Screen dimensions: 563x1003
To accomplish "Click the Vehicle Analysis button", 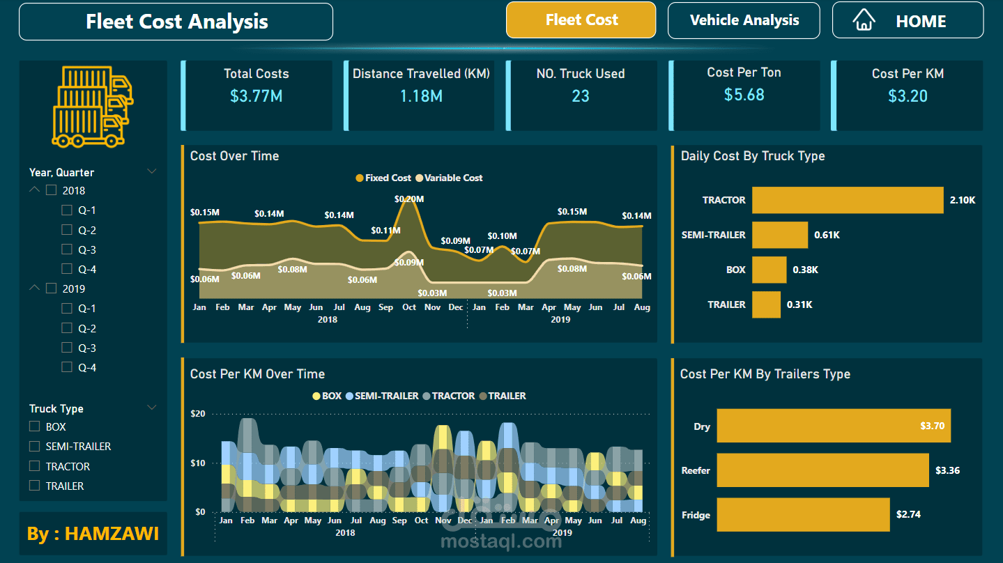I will [x=744, y=21].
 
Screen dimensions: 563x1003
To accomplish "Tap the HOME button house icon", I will [x=864, y=20].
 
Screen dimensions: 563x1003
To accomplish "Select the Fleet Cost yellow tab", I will [x=581, y=20].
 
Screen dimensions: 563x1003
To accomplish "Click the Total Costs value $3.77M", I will [x=256, y=96].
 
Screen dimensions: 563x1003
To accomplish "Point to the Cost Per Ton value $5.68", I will [x=744, y=95].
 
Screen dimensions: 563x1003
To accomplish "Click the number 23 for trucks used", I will [x=581, y=96].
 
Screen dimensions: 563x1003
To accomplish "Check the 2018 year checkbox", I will [x=51, y=190].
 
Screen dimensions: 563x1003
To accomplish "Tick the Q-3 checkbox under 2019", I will [x=67, y=348].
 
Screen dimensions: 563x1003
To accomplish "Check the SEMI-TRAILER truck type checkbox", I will [x=34, y=447].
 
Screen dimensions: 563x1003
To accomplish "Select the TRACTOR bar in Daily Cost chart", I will [x=848, y=200].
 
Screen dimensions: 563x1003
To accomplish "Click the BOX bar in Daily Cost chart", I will [x=769, y=270].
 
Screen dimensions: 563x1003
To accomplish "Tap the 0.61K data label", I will [x=827, y=236].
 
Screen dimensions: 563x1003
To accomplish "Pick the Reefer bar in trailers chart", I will [x=822, y=470].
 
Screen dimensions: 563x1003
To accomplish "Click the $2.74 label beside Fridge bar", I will [x=908, y=515].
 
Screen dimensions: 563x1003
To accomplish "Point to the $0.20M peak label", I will [x=409, y=199].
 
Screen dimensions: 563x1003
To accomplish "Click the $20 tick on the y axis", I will [x=198, y=414].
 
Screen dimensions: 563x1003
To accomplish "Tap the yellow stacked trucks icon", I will [x=93, y=106].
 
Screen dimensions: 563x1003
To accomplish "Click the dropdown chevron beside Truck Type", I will [x=152, y=408].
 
